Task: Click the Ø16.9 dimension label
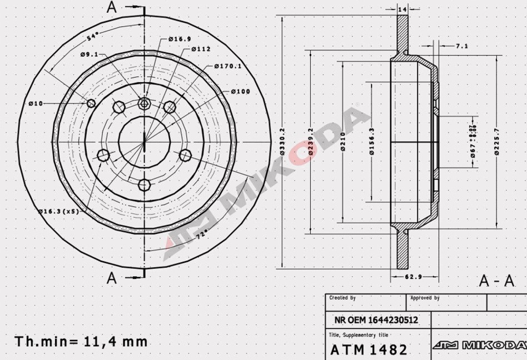[x=180, y=39]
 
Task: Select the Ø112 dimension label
[x=201, y=49]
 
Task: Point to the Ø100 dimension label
[x=240, y=92]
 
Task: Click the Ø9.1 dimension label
[x=89, y=54]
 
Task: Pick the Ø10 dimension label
[x=36, y=103]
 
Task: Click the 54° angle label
[x=93, y=37]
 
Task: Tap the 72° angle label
[x=204, y=234]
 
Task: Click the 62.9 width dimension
[x=412, y=276]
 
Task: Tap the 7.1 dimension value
[x=461, y=46]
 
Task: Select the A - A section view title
[x=496, y=281]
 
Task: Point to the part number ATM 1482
[x=369, y=350]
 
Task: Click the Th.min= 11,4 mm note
[x=81, y=341]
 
